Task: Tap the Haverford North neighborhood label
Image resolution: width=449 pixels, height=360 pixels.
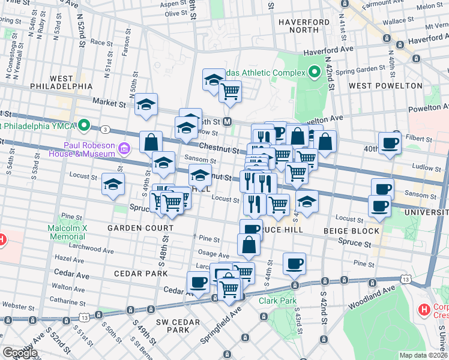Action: coord(304,26)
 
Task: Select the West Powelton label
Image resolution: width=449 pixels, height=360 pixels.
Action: coord(386,86)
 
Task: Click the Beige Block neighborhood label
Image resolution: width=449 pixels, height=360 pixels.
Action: coord(351,230)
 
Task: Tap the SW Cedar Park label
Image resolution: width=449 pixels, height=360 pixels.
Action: coord(173,326)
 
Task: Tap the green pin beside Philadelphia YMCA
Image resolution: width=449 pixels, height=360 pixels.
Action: coord(85,126)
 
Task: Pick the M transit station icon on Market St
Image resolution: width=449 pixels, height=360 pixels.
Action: coord(228,121)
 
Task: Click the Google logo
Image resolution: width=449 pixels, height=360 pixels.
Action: coord(20,353)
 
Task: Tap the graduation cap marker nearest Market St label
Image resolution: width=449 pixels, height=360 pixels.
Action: coord(146,106)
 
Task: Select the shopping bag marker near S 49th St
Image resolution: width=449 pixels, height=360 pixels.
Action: coord(151,143)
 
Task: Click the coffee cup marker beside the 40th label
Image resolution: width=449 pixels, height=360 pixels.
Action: coord(390,143)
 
